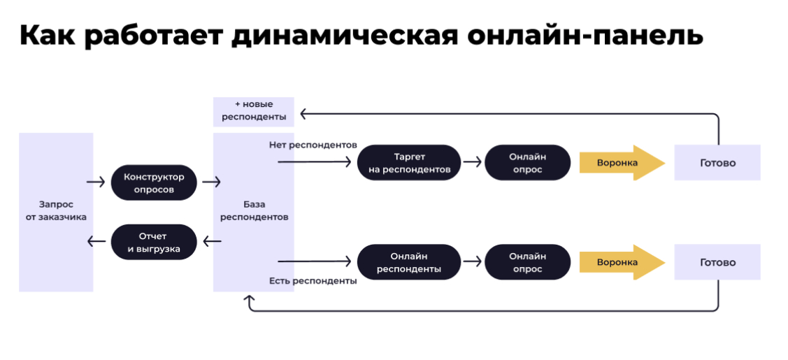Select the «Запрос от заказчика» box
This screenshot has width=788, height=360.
(56, 212)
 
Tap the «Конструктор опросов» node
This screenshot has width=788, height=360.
(154, 182)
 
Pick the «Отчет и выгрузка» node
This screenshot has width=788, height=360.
(154, 243)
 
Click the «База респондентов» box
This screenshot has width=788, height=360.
(254, 212)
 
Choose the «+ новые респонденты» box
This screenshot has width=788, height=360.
(254, 111)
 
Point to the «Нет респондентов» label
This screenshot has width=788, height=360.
(313, 145)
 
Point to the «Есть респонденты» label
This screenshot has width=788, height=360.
(313, 281)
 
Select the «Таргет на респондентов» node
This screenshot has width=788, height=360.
(409, 163)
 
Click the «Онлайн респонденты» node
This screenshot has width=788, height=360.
(409, 262)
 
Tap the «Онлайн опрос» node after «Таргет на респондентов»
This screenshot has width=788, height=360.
(527, 163)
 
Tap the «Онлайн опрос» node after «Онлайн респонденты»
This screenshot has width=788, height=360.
(527, 262)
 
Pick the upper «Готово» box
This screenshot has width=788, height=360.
(717, 163)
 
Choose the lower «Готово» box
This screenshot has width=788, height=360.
(717, 262)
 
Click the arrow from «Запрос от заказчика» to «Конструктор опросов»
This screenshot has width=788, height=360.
(96, 182)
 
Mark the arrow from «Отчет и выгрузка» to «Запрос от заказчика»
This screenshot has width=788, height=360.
(96, 242)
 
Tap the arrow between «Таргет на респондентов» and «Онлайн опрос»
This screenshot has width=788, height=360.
(473, 162)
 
